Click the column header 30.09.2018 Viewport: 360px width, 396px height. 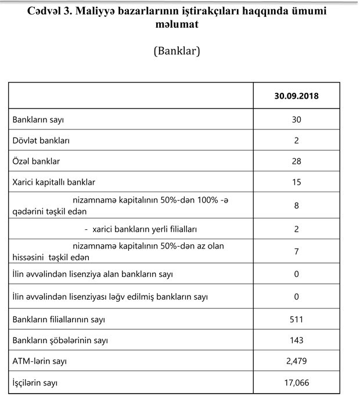[x=297, y=95]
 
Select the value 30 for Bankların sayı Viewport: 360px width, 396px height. [x=297, y=120]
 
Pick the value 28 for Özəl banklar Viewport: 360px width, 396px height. [x=297, y=161]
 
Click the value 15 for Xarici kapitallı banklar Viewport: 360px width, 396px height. [x=297, y=182]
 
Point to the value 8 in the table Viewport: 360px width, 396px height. [x=297, y=205]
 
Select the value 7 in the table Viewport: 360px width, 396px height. [x=297, y=251]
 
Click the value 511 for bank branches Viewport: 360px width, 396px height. [x=297, y=319]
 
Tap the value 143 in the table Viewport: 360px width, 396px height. [x=297, y=340]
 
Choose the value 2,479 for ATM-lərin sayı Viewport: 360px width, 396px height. [x=297, y=361]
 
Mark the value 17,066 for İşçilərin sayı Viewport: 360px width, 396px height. [x=297, y=383]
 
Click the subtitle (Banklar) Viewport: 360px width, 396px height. [x=177, y=51]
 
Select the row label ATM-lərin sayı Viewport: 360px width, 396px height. [x=39, y=361]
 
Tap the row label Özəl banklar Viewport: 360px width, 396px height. [x=36, y=161]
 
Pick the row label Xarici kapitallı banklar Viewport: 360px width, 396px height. [x=53, y=182]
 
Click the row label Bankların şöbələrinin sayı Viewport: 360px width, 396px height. [x=60, y=340]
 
